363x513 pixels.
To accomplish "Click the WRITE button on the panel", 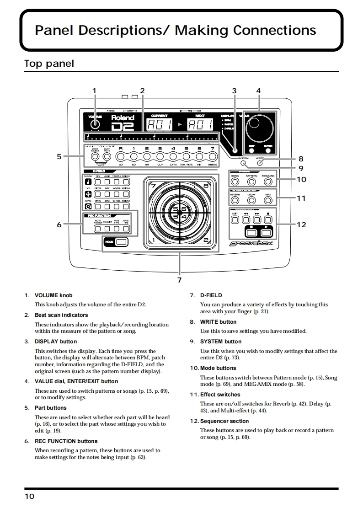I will (260, 163).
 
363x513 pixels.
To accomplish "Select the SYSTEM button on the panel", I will (244, 163).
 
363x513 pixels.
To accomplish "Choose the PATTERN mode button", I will (251, 182).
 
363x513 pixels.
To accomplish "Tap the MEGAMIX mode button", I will (268, 182).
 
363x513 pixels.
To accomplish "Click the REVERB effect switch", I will (235, 200).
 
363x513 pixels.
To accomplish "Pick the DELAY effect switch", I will (251, 200).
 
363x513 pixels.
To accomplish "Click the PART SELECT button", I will (95, 157).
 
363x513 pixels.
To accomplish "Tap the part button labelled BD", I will (121, 157).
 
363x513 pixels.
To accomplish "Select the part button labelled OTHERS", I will (212, 157).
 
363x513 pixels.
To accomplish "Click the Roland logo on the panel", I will (123, 118).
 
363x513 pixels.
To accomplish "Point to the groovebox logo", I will (251, 244).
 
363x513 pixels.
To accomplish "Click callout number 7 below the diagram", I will (179, 279).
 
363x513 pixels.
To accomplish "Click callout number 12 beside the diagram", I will (301, 224).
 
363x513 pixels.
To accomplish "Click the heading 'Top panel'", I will (49, 64).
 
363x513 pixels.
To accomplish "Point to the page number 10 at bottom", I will (29, 497).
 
